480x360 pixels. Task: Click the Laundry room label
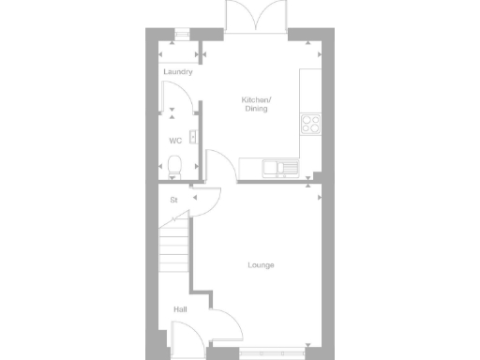177,72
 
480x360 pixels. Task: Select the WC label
174,141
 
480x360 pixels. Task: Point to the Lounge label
261,265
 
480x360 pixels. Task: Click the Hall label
179,308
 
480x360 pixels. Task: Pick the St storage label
173,201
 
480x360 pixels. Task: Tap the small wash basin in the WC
191,137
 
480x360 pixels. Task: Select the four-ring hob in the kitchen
309,123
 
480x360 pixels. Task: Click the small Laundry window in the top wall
181,35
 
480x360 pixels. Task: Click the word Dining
256,109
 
